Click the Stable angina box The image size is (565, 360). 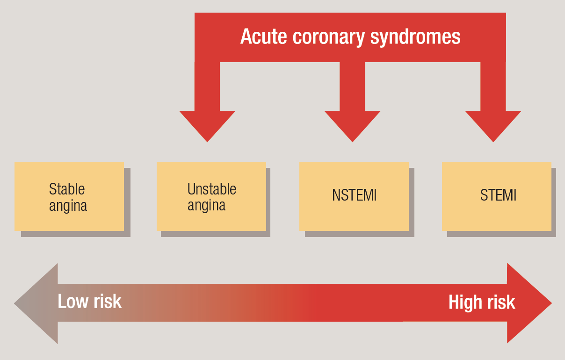click(x=69, y=196)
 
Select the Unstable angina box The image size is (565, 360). click(x=211, y=196)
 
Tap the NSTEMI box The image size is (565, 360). click(x=354, y=196)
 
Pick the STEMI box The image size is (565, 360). click(x=497, y=196)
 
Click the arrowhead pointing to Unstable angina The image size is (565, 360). click(x=207, y=124)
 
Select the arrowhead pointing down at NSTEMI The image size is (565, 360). click(x=352, y=124)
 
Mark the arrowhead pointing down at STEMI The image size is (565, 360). click(x=493, y=124)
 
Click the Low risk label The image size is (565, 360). click(x=89, y=302)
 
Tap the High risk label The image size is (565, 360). click(x=482, y=302)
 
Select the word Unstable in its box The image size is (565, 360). click(x=212, y=189)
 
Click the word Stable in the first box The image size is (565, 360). click(x=67, y=189)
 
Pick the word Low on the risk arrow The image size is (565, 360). click(x=72, y=302)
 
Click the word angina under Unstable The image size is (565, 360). click(x=206, y=205)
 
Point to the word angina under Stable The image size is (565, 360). click(x=68, y=206)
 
